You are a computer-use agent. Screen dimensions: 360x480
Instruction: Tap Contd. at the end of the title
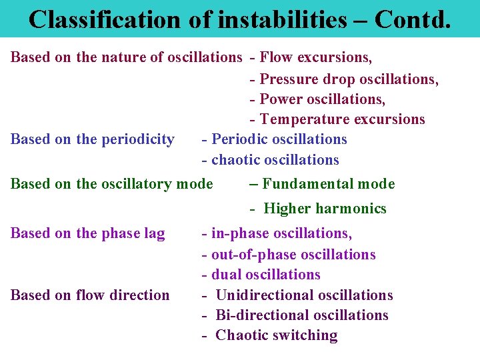(413, 19)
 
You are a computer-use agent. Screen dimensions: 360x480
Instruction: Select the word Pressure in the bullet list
(289, 79)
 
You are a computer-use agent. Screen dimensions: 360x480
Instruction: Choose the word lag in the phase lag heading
(154, 233)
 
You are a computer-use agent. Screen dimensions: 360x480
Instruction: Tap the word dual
(227, 275)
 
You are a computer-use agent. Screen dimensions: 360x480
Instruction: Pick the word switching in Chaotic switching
(307, 335)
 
